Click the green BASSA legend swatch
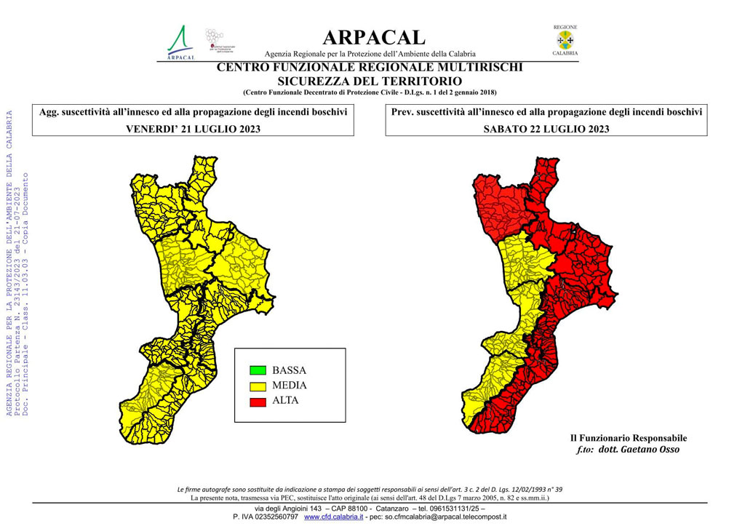pos(256,370)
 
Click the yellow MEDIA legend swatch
pos(256,386)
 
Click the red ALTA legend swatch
pos(256,400)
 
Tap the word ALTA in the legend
pos(285,400)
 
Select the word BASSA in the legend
pos(289,370)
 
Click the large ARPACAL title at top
pos(374,37)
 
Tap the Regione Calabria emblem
pos(565,41)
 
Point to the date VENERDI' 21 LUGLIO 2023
pos(193,129)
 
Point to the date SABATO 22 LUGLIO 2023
pos(546,129)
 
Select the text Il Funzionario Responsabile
pos(628,438)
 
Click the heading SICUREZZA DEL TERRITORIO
pos(370,80)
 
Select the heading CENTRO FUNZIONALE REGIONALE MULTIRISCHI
pos(370,68)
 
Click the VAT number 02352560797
pos(274,517)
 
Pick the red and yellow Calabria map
pos(542,291)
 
